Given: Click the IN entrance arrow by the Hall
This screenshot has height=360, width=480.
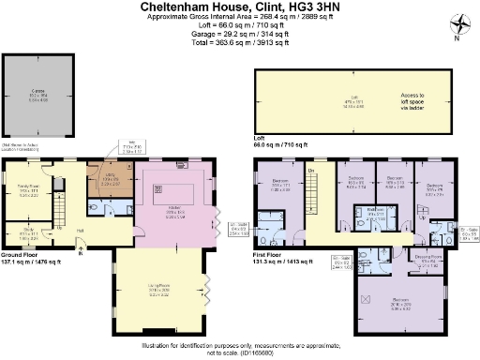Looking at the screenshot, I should tap(81, 249).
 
